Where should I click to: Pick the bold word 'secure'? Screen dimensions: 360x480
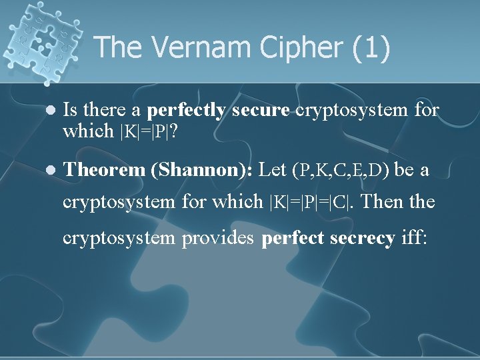(261, 110)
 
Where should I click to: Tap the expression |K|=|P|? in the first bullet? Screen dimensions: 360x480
(147, 131)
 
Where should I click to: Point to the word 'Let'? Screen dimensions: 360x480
(272, 170)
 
